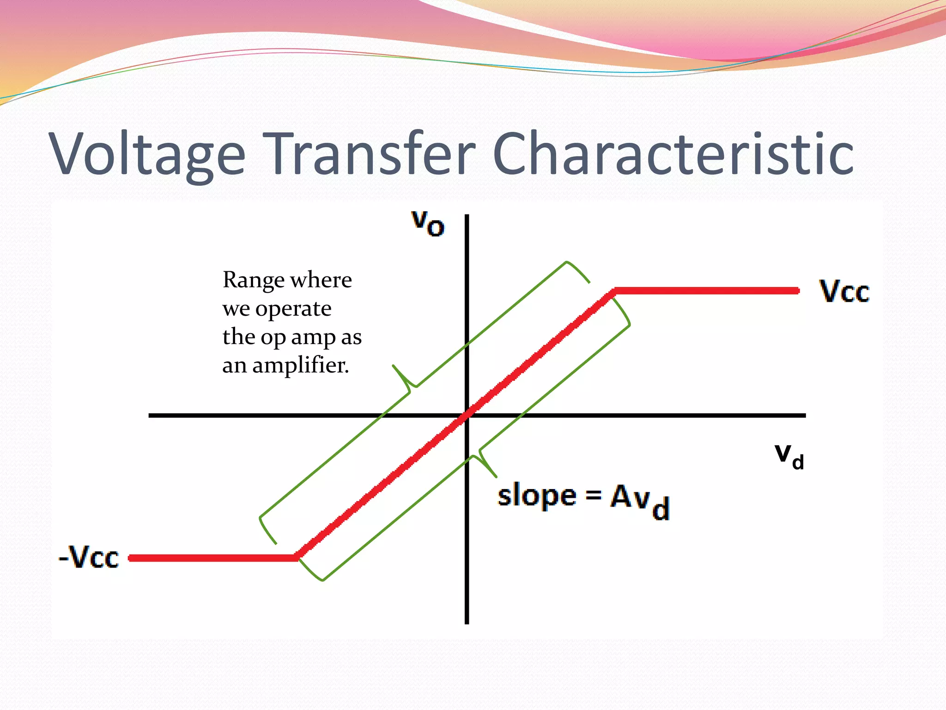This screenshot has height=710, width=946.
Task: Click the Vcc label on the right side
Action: (844, 292)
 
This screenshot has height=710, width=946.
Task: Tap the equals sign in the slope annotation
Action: (594, 496)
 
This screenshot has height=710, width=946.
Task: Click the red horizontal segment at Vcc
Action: (707, 291)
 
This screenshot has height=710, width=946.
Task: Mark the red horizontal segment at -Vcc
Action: (212, 558)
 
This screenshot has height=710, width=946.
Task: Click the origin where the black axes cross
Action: (467, 415)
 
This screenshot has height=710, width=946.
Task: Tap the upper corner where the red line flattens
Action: (614, 291)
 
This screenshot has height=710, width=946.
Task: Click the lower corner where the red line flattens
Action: (297, 557)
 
